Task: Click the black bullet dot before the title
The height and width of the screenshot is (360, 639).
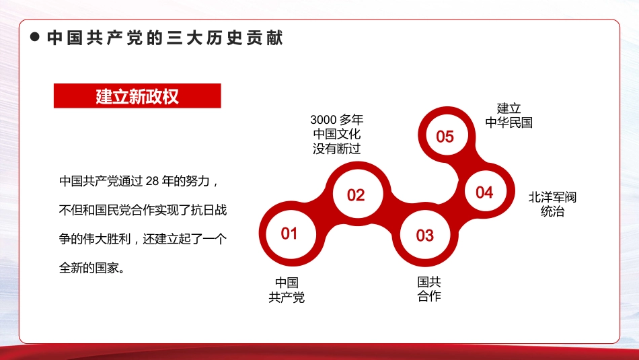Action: pos(35,38)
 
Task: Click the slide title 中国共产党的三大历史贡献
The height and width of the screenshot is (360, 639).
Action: pos(165,38)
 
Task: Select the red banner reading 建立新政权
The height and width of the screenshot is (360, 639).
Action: pos(137,96)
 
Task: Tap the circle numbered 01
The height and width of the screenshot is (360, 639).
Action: pos(289,233)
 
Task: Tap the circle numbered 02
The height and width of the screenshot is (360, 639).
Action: pos(356,195)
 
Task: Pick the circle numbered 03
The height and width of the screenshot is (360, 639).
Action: pos(424,236)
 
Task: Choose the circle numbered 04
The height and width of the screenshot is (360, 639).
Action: pos(484,192)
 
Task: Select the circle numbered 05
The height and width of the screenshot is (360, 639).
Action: pos(445,137)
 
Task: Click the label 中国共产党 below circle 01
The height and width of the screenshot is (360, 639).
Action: pos(287,290)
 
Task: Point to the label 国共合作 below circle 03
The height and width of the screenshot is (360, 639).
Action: pos(429,289)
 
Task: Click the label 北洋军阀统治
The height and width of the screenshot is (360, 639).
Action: pos(552,205)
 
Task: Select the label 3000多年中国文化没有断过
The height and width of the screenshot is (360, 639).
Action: pos(337,135)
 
